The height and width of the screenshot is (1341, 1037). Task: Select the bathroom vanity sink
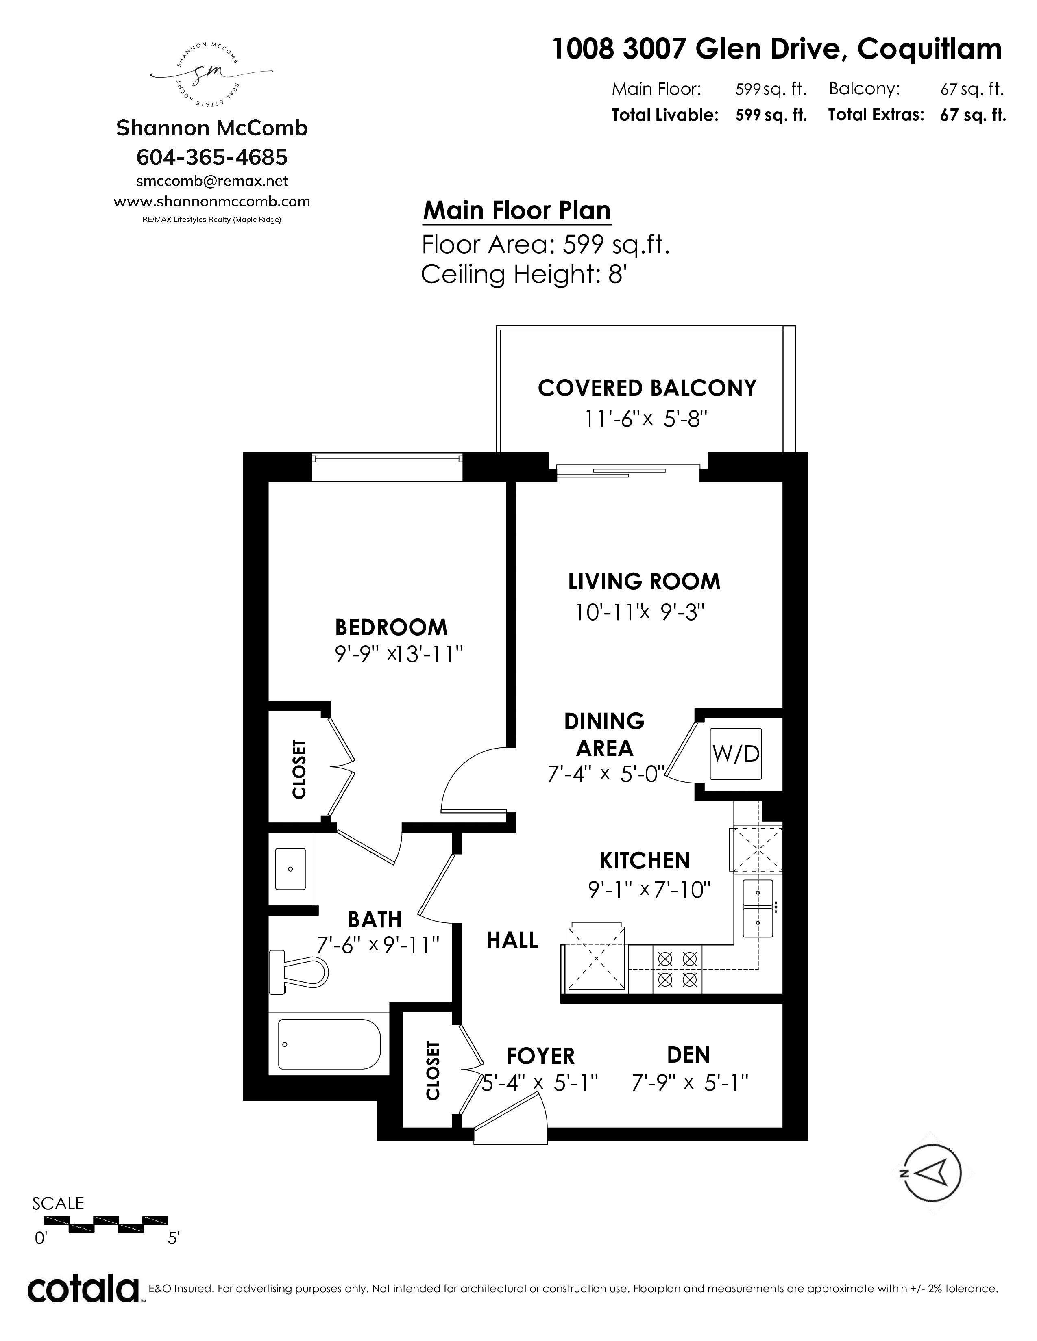coord(291,869)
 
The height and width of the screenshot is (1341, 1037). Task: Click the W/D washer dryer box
coord(735,753)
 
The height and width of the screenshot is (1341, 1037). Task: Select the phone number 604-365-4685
coord(212,157)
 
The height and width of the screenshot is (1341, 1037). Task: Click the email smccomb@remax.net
coord(212,181)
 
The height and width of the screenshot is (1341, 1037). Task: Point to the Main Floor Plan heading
coord(516,210)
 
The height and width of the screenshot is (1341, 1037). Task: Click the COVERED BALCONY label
coord(647,388)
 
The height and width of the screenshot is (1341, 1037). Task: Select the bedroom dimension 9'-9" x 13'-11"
coord(397,655)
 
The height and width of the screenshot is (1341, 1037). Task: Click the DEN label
coord(688,1055)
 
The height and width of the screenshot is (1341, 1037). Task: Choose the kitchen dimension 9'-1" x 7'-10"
coord(649,890)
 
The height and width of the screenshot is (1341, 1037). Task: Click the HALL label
coord(512,940)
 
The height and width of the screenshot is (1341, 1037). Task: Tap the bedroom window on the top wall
coord(387,467)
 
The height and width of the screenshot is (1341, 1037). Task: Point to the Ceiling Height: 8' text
coord(523,274)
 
